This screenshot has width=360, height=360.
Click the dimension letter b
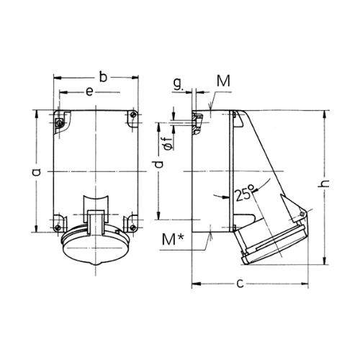click(103, 77)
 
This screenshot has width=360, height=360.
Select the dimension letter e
click(89, 92)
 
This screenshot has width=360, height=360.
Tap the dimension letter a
click(37, 172)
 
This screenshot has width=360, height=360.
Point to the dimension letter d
click(158, 164)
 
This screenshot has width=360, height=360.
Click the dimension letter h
click(325, 183)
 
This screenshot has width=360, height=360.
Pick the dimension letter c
click(240, 284)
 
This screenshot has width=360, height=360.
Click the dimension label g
click(178, 84)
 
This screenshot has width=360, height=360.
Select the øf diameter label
click(169, 144)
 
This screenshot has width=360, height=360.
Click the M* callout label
click(173, 239)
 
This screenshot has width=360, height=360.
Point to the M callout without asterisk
click(223, 81)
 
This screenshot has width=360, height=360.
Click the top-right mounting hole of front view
click(133, 115)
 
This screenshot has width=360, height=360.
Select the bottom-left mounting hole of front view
click(58, 228)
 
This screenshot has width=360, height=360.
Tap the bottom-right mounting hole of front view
click(132, 227)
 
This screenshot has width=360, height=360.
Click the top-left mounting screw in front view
click(59, 123)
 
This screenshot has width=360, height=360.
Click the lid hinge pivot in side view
click(302, 214)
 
